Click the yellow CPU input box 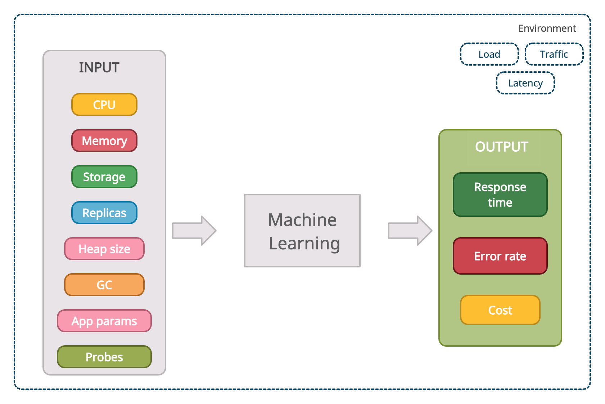click(104, 105)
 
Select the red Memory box click(104, 141)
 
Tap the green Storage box click(104, 177)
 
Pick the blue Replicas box click(104, 213)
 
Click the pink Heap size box click(104, 249)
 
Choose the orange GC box click(104, 285)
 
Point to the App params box click(104, 321)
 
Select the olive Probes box click(104, 357)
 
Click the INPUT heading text click(99, 67)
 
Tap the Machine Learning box click(302, 231)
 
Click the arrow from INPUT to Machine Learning click(194, 231)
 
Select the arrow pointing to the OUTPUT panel click(410, 231)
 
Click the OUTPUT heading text click(501, 147)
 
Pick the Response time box click(500, 195)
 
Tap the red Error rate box click(500, 256)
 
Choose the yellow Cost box click(500, 310)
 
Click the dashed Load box click(489, 54)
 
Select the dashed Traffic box click(554, 54)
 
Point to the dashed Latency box click(525, 83)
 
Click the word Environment click(547, 28)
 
